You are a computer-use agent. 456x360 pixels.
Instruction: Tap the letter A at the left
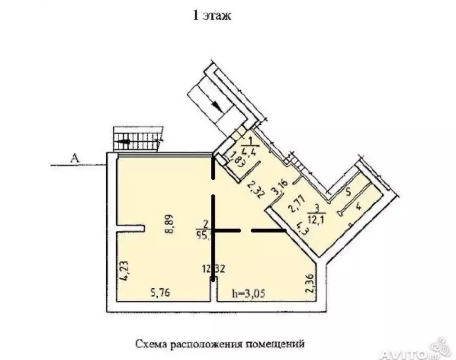pos(74,159)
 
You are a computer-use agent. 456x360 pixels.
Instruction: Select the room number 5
pos(348,191)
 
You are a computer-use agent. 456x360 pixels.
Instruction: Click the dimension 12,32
pos(214,269)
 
